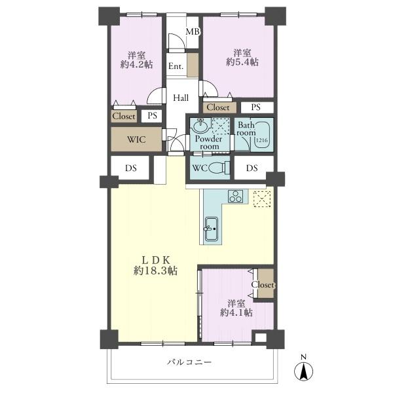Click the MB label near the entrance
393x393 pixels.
point(193,31)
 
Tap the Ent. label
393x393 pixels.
point(176,66)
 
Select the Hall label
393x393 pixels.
point(181,98)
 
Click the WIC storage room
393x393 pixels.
point(136,140)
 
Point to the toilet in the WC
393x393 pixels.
point(219,168)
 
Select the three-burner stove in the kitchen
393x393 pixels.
point(235,196)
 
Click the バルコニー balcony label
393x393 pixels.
point(189,362)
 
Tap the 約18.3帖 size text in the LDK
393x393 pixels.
point(156,271)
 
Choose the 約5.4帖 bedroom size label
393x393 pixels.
point(242,62)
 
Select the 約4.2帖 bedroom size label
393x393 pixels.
point(137,64)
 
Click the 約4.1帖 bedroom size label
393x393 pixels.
point(236,312)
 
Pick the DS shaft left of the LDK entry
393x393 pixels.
point(130,168)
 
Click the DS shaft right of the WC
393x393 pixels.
point(252,168)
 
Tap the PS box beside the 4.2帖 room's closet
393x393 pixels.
point(152,116)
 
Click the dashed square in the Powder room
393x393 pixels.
point(221,126)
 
